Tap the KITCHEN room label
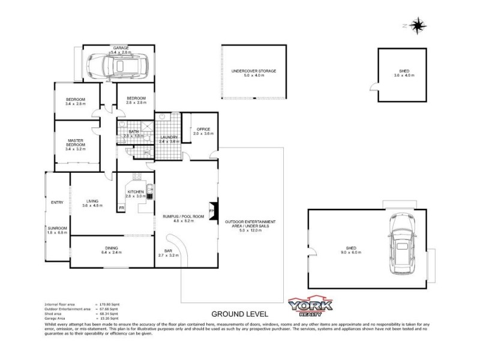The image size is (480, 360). (135, 191)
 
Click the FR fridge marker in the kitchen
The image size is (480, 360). (122, 208)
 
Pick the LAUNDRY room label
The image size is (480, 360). (169, 137)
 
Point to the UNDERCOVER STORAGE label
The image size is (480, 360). (254, 71)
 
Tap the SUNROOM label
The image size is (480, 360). (58, 229)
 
